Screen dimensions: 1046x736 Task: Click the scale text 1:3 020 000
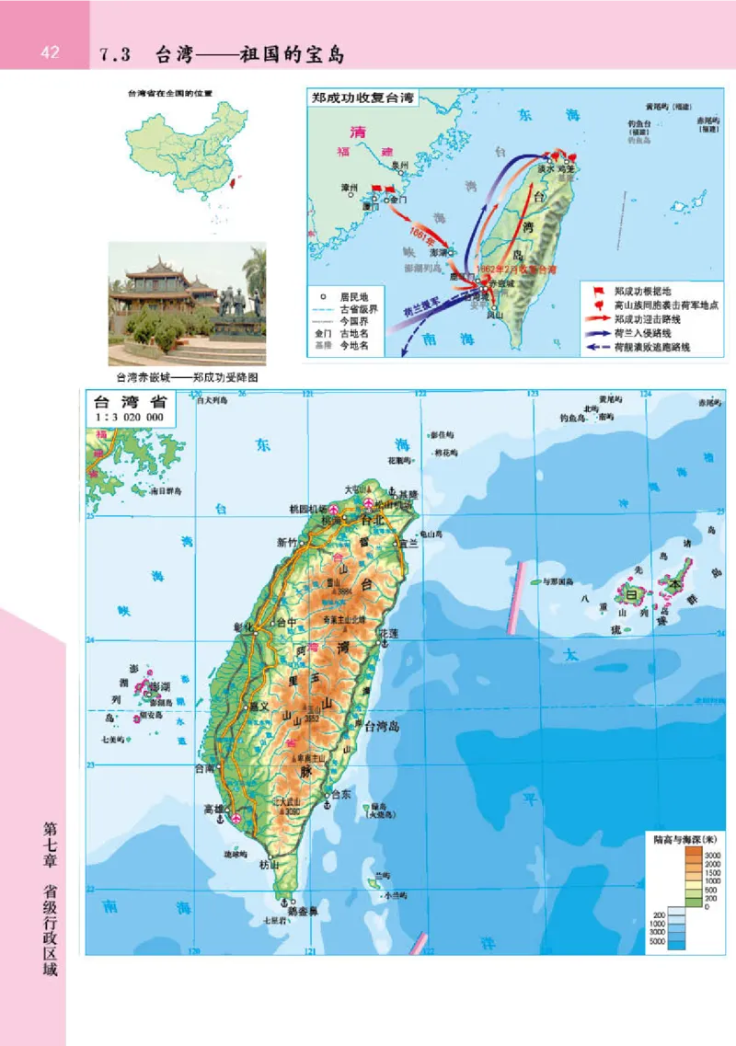pos(129,417)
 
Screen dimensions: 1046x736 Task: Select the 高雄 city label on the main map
pos(214,810)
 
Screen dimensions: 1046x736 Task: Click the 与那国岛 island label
pos(557,582)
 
